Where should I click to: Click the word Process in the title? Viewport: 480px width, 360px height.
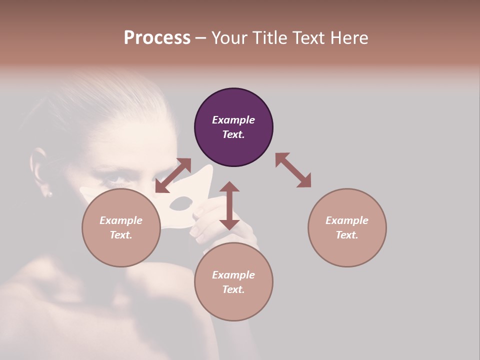(x=157, y=38)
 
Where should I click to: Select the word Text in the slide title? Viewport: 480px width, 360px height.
(x=308, y=38)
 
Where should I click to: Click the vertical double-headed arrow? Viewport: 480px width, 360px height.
(x=229, y=205)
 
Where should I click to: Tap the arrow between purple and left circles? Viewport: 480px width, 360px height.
(x=173, y=175)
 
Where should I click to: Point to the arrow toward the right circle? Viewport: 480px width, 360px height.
(x=293, y=170)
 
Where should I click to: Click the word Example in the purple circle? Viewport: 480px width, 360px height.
(x=233, y=120)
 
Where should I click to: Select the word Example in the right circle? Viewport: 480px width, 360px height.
(x=347, y=220)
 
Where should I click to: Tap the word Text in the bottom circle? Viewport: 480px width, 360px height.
(x=233, y=289)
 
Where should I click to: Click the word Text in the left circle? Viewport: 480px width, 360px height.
(x=121, y=235)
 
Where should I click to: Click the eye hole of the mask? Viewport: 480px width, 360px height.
(x=181, y=203)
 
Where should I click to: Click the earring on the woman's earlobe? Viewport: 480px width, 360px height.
(x=49, y=193)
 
